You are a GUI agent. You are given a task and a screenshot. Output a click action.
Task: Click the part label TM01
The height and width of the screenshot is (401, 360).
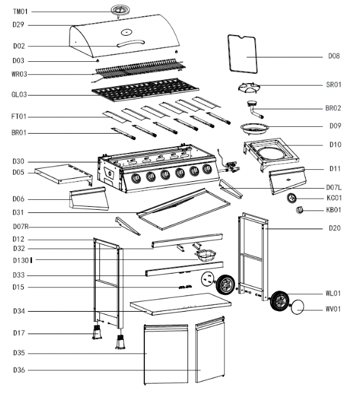tap(21, 12)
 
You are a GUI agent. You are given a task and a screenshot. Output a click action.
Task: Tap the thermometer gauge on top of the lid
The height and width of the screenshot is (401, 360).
tap(119, 10)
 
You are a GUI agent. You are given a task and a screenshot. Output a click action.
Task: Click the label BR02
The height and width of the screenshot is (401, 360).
tap(333, 108)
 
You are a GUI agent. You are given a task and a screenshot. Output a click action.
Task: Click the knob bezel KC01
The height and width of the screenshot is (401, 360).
tap(290, 198)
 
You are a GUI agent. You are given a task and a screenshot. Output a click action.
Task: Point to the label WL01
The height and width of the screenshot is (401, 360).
tap(333, 293)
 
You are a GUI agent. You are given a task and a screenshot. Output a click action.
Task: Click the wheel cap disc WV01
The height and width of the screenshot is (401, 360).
tap(299, 307)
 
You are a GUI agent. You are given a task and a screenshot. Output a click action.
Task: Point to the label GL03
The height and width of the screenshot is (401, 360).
tap(21, 95)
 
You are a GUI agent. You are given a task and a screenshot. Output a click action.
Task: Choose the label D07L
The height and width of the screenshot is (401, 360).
tap(332, 187)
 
